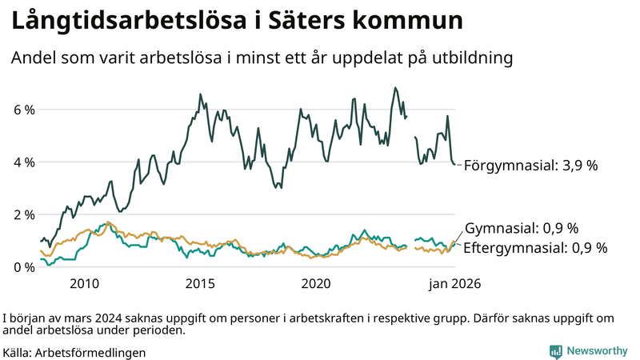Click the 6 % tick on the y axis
tap(24, 110)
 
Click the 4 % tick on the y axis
tap(24, 162)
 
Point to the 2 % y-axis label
tap(24, 215)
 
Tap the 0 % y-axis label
tap(24, 267)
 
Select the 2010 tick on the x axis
tap(84, 284)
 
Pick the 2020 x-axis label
tap(316, 284)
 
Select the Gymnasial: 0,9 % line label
tap(521, 228)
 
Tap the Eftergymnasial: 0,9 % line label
tap(535, 248)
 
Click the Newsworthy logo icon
tap(555, 351)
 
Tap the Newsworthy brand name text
tap(597, 351)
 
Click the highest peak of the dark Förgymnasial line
tap(395, 88)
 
